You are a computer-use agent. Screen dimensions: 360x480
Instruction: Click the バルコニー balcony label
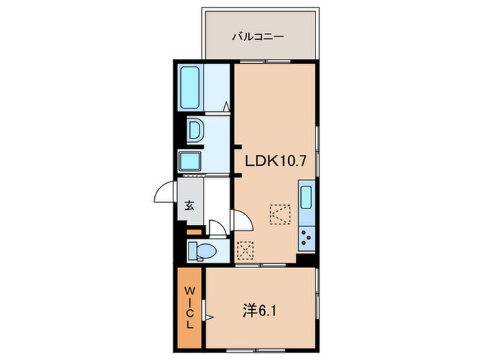[x=259, y=35]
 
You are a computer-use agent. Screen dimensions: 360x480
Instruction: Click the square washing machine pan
[x=190, y=162]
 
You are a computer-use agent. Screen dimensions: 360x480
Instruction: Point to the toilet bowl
[x=203, y=252]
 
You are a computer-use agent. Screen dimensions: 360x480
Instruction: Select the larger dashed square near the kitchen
[x=279, y=215]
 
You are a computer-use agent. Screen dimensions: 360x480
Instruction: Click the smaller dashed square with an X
[x=243, y=250]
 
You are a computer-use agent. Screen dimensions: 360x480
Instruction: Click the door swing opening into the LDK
[x=242, y=221]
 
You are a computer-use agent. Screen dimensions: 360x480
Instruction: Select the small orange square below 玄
[x=193, y=231]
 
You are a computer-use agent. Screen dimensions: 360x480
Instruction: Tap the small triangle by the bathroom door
[x=226, y=106]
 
